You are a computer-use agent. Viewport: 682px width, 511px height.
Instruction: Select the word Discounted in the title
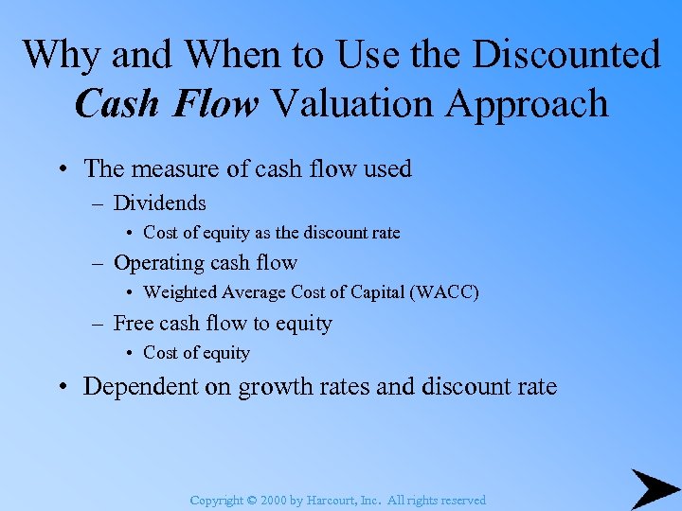tap(566, 54)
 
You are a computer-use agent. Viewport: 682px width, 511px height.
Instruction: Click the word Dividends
tap(159, 203)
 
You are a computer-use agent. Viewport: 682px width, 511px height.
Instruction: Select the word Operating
tap(156, 264)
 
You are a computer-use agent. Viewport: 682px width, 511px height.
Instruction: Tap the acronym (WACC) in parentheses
tap(444, 292)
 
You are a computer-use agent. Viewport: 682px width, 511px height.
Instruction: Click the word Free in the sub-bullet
tap(134, 324)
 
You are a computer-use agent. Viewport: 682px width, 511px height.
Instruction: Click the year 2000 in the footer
tap(271, 500)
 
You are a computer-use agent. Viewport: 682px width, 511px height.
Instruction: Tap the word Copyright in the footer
tap(217, 500)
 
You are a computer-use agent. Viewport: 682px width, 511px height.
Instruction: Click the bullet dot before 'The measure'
tap(61, 169)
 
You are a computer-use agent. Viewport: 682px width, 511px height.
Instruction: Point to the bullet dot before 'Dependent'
tap(61, 387)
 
